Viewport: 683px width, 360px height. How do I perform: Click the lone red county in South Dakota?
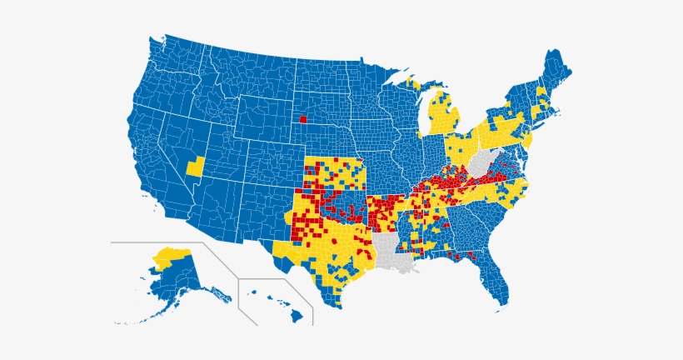click(x=303, y=119)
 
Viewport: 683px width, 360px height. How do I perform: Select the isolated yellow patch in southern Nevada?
click(x=195, y=166)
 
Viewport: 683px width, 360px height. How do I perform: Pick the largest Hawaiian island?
click(x=297, y=316)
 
